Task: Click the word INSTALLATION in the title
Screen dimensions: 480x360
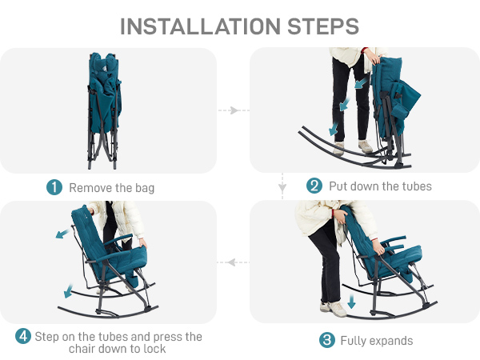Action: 200,26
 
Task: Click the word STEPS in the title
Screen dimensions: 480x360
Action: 323,26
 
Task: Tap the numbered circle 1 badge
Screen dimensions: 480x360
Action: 54,187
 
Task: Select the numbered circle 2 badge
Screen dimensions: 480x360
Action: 314,186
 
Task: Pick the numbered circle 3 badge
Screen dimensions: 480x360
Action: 327,340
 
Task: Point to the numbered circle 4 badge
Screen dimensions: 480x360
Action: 23,336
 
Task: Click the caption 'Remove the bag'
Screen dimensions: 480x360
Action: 112,188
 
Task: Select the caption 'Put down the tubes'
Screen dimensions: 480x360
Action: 380,186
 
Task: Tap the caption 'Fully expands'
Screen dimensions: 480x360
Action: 377,341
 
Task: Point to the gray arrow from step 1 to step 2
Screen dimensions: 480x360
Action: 234,110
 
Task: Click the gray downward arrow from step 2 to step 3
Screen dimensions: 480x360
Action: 282,186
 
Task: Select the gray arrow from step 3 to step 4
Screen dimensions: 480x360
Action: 234,262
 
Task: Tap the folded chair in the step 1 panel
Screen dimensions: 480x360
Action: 104,110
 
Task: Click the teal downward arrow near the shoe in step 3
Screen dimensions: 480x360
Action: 351,302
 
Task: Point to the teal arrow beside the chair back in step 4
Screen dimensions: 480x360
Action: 62,234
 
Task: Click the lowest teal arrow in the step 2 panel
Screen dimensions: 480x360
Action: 334,129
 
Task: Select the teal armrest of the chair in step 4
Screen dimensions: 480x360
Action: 118,239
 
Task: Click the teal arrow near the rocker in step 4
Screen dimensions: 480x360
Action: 68,291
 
